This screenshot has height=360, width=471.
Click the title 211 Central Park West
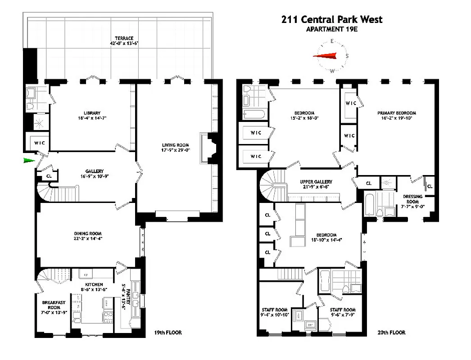tap(332, 19)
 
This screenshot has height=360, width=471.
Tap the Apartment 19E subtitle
tap(332, 30)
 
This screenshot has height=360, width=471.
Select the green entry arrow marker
tap(29, 160)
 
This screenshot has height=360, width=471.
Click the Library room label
tap(91, 113)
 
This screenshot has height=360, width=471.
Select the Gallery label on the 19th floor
tap(95, 171)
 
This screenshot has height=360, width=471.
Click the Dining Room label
tap(88, 234)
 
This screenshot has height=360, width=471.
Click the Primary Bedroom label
tap(396, 113)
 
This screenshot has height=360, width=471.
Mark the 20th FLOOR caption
tap(391, 333)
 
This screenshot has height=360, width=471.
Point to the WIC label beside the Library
tap(36, 143)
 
